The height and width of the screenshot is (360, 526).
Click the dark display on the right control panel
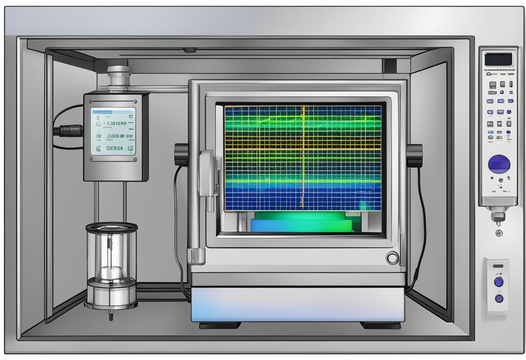(498, 59)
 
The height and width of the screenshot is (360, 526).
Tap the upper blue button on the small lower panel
(499, 282)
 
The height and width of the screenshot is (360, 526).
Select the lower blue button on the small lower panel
(499, 298)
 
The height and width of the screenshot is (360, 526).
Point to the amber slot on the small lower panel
(498, 265)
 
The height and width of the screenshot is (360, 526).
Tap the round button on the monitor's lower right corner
(392, 258)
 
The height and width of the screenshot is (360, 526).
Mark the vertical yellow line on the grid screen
(303, 156)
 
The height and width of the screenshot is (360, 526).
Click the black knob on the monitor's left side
(181, 154)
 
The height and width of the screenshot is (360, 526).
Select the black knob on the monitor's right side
(414, 155)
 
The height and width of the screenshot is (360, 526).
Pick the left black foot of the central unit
(219, 325)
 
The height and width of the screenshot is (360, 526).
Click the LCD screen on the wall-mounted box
(113, 131)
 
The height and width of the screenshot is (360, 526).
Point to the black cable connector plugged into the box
(68, 130)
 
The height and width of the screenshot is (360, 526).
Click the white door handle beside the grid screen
(207, 173)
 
